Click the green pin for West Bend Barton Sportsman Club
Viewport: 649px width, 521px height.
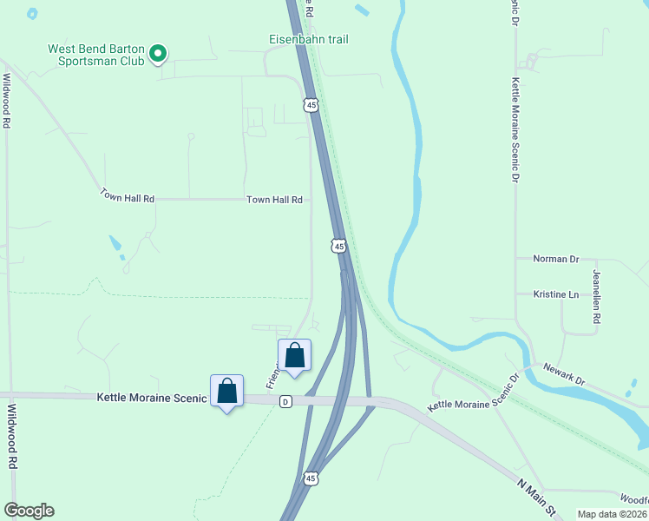[x=157, y=54]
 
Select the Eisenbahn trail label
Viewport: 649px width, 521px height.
[x=308, y=39]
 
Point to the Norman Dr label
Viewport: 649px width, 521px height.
[x=555, y=259]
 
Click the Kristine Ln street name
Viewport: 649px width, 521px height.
[x=555, y=294]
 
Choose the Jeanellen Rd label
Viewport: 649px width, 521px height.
[x=596, y=297]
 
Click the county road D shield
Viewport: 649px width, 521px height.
[x=285, y=401]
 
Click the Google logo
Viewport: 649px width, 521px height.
[x=29, y=511]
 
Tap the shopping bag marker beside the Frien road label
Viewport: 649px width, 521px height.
[x=294, y=355]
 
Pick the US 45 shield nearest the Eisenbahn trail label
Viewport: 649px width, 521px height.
[x=311, y=105]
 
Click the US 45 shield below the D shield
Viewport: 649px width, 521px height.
[x=311, y=478]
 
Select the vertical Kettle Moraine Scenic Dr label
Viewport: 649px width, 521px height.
[x=515, y=129]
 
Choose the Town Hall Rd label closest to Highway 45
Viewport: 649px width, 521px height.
[x=274, y=200]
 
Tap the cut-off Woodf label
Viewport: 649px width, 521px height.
[x=633, y=500]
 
